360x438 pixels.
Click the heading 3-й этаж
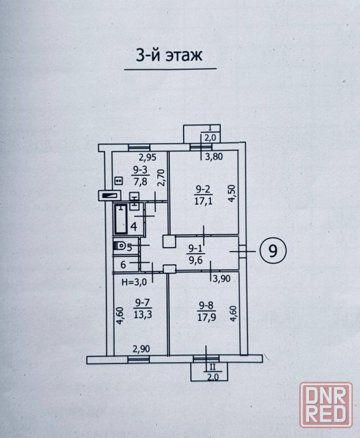click(x=169, y=55)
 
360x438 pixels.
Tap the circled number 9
click(x=273, y=250)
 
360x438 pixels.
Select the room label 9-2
click(x=203, y=190)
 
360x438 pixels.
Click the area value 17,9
click(x=206, y=318)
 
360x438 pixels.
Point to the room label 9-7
click(x=142, y=303)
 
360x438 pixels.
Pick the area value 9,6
click(x=197, y=260)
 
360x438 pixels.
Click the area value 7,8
click(x=140, y=182)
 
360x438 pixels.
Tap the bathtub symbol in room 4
click(x=121, y=219)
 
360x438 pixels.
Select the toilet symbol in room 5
click(x=120, y=246)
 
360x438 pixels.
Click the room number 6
click(x=123, y=265)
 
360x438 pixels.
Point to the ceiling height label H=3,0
click(x=134, y=282)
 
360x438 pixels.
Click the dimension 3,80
click(x=214, y=157)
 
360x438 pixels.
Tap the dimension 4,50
click(x=233, y=194)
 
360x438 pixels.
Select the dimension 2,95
click(x=148, y=158)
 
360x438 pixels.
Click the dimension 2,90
click(x=141, y=349)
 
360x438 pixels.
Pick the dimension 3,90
click(x=221, y=278)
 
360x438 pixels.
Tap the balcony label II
click(x=212, y=367)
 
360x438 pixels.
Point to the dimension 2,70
click(x=161, y=178)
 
